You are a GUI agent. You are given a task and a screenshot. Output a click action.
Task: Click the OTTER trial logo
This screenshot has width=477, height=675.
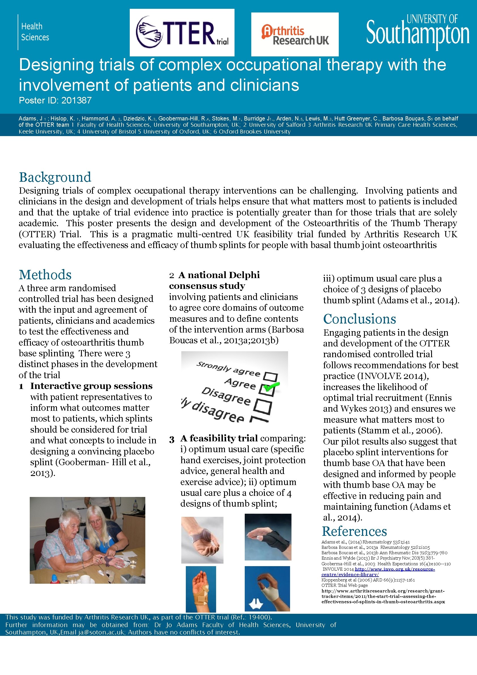[182, 33]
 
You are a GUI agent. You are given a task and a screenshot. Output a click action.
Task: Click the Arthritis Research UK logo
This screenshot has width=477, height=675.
[295, 35]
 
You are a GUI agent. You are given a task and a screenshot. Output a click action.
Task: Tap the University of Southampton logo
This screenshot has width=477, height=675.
[418, 32]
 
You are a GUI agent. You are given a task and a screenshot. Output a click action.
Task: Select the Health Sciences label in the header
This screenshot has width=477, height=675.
[35, 32]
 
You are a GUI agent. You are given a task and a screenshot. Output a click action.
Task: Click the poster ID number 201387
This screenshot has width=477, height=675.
[76, 101]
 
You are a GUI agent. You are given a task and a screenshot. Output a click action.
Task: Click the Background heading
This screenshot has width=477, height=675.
[55, 177]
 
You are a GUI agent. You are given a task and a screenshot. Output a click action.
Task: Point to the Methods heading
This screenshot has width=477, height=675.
[45, 275]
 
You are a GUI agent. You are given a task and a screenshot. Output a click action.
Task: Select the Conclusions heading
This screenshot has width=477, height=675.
[359, 319]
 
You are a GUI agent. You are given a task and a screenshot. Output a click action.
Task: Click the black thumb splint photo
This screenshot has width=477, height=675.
[268, 537]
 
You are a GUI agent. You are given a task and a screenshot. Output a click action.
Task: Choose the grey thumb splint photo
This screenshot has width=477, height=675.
[202, 540]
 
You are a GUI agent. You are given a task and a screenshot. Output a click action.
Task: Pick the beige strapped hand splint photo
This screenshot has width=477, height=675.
[201, 589]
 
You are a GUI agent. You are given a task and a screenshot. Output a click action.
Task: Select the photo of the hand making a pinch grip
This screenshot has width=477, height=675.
[267, 589]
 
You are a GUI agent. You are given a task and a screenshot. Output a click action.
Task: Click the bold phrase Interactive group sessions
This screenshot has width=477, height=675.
[91, 386]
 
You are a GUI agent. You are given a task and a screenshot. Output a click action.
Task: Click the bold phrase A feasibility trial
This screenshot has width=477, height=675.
[219, 438]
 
